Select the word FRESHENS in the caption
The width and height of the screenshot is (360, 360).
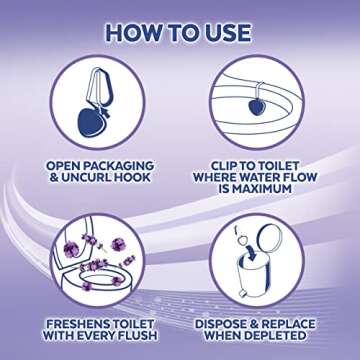(x=69, y=325)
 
